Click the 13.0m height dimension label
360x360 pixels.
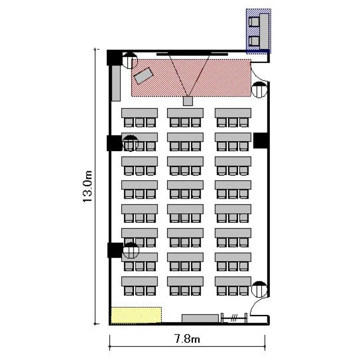click(x=87, y=186)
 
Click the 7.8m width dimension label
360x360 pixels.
click(x=187, y=339)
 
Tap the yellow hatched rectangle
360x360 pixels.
click(x=136, y=315)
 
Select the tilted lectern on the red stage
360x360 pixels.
click(x=144, y=75)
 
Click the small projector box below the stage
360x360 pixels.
click(x=188, y=101)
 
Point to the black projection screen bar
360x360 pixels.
click(x=192, y=54)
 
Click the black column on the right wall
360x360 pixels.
click(x=260, y=140)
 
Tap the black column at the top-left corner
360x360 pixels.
click(x=114, y=58)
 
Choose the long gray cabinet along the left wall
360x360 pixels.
click(x=116, y=83)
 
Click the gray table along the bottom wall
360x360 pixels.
click(x=200, y=318)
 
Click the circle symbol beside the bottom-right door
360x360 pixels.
click(x=259, y=289)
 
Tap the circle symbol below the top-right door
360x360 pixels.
click(x=259, y=90)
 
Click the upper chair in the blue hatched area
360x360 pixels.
click(x=254, y=22)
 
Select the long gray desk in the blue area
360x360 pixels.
click(x=264, y=31)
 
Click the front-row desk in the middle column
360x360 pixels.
click(x=185, y=113)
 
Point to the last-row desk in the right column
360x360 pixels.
click(x=233, y=281)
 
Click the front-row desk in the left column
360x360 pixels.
click(x=140, y=113)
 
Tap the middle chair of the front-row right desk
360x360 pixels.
click(x=233, y=122)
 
